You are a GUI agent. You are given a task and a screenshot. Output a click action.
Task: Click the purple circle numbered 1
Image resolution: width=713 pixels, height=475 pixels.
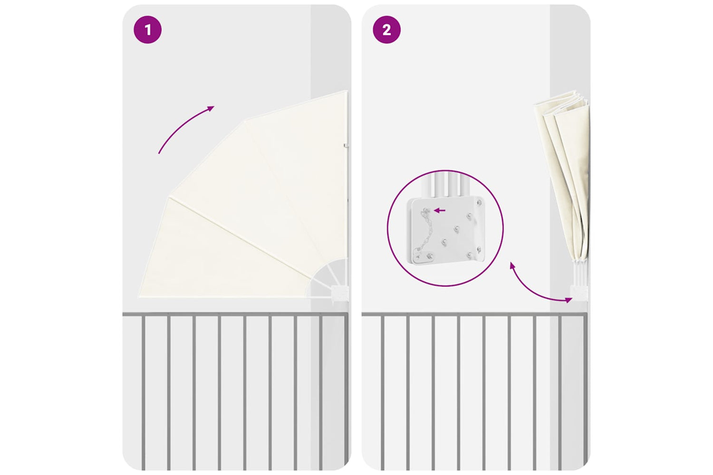[x=147, y=30]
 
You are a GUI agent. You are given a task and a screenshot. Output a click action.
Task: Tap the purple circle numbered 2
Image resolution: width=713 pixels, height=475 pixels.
[x=387, y=30]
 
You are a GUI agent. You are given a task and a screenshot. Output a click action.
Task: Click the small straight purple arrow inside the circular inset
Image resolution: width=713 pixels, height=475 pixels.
[x=440, y=210]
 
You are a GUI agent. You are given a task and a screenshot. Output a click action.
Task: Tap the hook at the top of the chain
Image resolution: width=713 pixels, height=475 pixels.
[x=425, y=210]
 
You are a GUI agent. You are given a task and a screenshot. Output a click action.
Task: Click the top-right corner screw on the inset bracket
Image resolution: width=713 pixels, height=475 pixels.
[x=479, y=202]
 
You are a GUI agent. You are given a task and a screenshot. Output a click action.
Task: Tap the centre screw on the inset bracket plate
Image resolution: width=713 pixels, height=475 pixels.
[x=457, y=228]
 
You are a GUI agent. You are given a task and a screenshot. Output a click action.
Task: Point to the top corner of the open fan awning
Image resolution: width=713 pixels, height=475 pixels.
[x=347, y=91]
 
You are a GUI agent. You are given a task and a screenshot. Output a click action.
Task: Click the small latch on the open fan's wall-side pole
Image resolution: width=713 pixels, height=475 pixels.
[x=346, y=146]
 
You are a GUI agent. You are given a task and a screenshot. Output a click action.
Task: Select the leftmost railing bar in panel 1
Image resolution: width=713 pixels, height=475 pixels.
[x=143, y=393]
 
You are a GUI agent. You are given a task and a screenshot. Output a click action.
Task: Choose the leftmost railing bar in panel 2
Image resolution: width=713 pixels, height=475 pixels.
[x=383, y=393]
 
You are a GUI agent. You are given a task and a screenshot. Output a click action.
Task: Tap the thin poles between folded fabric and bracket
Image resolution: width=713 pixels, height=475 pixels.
[x=579, y=274]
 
